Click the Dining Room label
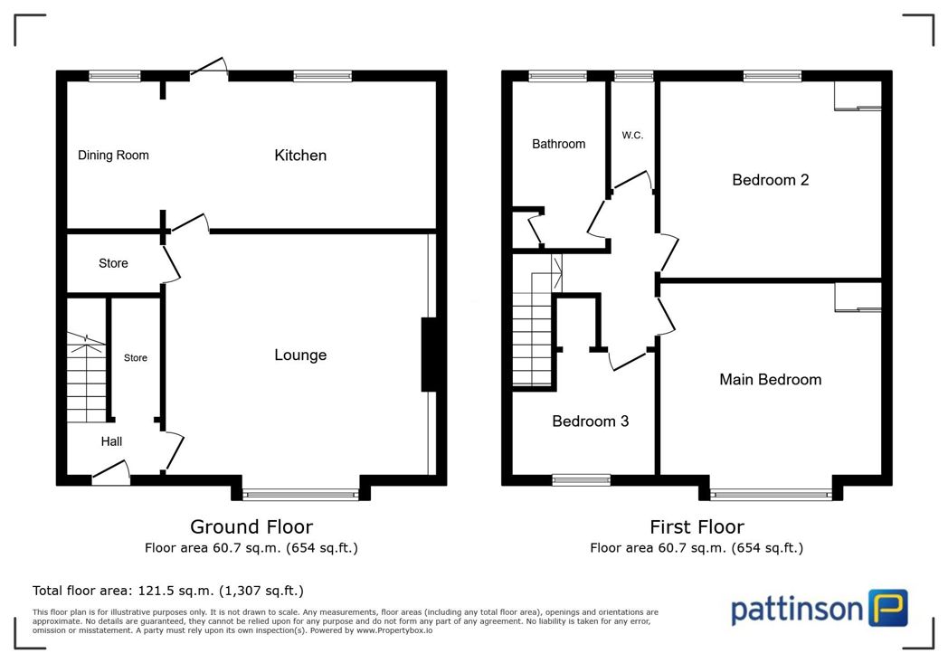(113, 156)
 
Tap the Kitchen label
(300, 156)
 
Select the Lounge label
(300, 355)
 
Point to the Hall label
(111, 441)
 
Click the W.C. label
(632, 136)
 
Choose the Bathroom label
(559, 144)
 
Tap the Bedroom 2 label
(771, 180)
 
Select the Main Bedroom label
(771, 380)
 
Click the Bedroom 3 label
(590, 421)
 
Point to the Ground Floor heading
(251, 527)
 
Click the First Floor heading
(697, 527)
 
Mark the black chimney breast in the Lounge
(429, 355)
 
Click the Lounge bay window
(300, 495)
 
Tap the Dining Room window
(114, 76)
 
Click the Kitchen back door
(209, 69)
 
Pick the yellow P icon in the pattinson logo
(888, 608)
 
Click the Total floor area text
(168, 591)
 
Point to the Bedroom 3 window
(581, 480)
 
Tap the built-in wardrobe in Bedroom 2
(858, 96)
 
